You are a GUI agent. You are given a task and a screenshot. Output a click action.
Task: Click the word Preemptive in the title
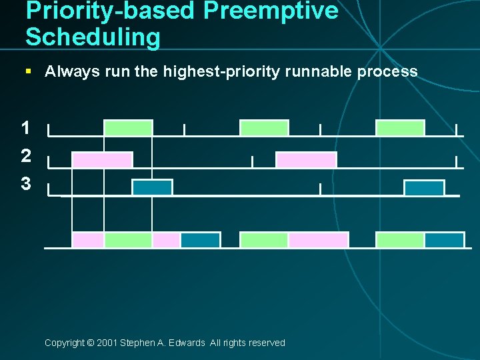coord(271,11)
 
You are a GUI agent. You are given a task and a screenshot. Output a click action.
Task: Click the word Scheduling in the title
coord(93,37)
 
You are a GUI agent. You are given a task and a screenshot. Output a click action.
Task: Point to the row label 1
coord(25,128)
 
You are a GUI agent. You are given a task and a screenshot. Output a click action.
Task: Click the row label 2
coord(25,156)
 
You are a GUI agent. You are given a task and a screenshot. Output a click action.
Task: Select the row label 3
coord(25,184)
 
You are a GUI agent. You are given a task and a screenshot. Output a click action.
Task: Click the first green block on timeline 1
coord(128,128)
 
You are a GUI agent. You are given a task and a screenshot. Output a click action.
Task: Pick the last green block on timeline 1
coord(400,128)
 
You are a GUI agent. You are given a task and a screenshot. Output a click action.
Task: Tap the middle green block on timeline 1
coord(264,128)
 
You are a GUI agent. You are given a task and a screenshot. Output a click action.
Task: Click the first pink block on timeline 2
coord(102,160)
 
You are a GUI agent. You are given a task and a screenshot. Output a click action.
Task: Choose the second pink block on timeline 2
coord(306,160)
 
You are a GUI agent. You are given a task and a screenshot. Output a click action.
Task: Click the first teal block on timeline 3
coord(152,188)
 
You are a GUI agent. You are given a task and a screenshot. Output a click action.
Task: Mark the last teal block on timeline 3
coord(424,188)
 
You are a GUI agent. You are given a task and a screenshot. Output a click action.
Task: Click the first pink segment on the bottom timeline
coord(88,240)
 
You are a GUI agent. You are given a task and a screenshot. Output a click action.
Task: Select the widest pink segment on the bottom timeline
coord(318,240)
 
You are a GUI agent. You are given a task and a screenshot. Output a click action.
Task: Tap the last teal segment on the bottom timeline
coord(444,240)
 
